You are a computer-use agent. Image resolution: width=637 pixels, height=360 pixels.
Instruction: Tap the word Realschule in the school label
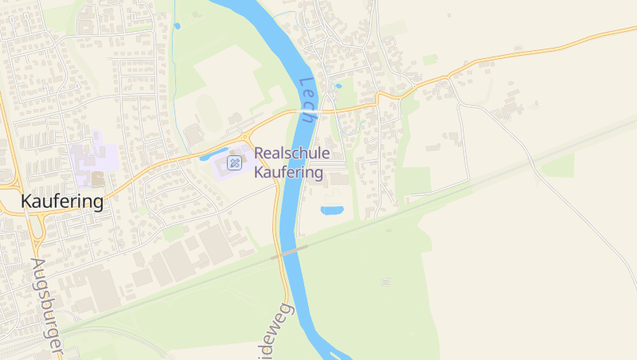tap(291, 154)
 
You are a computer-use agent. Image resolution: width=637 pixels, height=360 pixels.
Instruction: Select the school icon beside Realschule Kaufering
tap(234, 163)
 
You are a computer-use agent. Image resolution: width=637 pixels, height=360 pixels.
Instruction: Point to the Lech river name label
tap(307, 100)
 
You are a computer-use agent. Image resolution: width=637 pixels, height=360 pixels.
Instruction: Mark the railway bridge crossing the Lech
tap(290, 252)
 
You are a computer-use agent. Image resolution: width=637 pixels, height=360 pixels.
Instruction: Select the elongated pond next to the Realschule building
tap(215, 153)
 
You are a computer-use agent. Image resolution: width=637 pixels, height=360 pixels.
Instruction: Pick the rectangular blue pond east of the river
tap(332, 210)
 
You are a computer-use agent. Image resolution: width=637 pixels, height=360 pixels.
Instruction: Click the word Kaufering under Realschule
tap(288, 172)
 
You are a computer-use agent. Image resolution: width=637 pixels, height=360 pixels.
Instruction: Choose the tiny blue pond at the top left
tap(177, 26)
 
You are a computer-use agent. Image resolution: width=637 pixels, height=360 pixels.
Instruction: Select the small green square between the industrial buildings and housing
tap(173, 233)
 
